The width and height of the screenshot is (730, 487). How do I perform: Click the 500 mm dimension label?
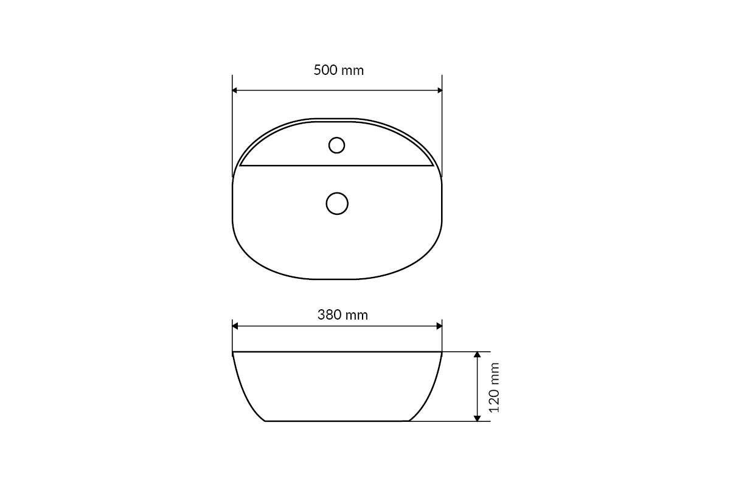[x=339, y=71]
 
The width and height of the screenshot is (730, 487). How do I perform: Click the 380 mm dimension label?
[x=342, y=315]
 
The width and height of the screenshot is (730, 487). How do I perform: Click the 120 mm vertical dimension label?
[x=494, y=388]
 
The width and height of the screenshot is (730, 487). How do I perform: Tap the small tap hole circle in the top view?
[x=336, y=145]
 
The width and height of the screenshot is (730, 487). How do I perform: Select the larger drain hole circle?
[x=337, y=203]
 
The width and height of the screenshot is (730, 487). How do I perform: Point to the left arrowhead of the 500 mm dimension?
[x=235, y=90]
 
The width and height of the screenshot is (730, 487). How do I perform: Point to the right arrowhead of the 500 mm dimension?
[x=440, y=90]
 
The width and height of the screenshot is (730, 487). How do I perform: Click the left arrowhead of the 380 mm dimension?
[x=235, y=326]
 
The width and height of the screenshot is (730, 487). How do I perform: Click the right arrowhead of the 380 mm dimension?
[x=439, y=326]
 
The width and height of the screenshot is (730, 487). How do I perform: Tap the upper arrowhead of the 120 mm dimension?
[x=477, y=354]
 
